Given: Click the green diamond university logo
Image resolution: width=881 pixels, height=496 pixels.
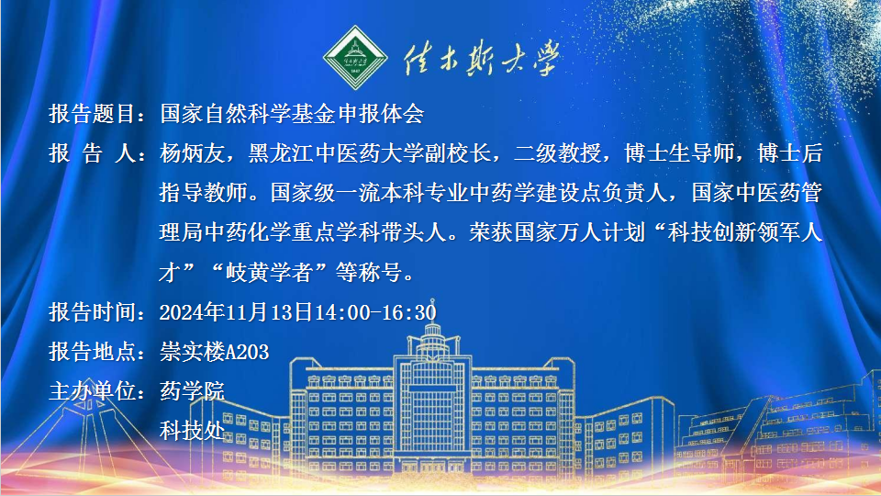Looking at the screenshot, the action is [355, 57].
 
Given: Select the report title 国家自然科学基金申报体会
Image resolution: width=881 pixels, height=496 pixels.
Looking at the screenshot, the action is [292, 114].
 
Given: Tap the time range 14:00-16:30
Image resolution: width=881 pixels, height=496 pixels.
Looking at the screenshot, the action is [374, 312].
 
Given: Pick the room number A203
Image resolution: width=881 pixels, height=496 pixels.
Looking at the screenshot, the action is [247, 352].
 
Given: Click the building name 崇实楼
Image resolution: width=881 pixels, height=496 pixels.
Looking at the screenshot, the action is [192, 352].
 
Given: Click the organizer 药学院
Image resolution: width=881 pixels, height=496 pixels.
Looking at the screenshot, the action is [192, 391].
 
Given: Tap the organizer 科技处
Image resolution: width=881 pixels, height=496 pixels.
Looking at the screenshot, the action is [192, 431].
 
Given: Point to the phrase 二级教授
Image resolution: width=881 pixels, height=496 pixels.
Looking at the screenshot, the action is [557, 153].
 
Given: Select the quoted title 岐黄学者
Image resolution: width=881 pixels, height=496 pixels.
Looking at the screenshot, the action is [269, 272].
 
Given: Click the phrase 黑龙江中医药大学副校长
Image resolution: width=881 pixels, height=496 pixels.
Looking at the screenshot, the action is [370, 153].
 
